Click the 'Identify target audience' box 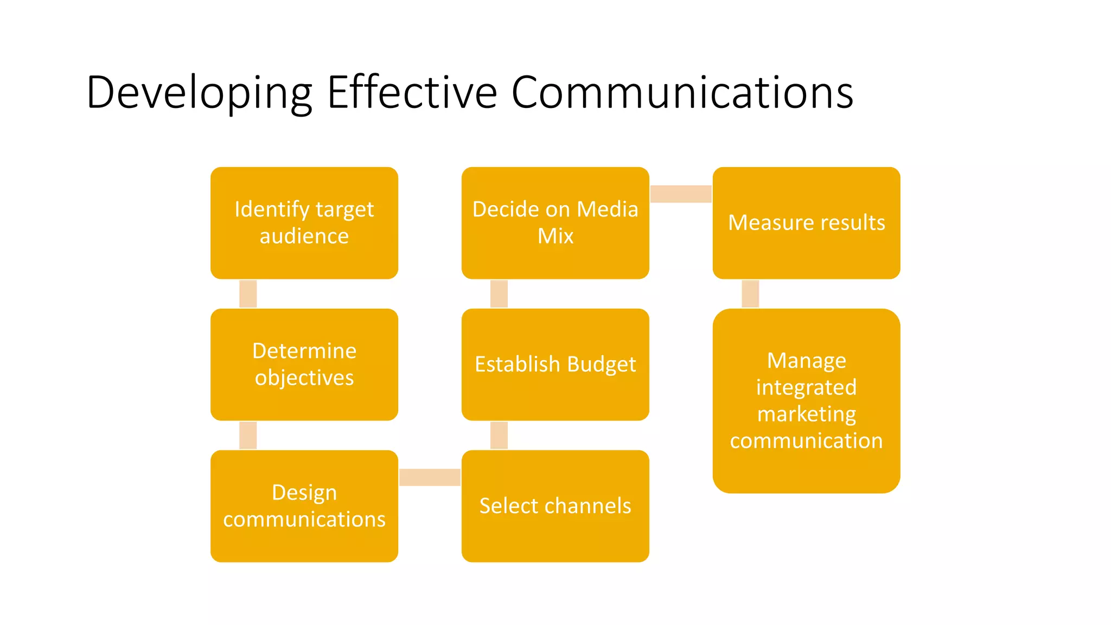(x=304, y=222)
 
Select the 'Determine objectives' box (x=304, y=364)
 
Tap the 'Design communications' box (x=304, y=506)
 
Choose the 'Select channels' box (x=555, y=506)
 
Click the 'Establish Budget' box (x=555, y=364)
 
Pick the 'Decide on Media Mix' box (x=555, y=222)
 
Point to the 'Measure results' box (x=806, y=222)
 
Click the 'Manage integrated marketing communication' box (x=806, y=400)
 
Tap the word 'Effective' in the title (x=412, y=92)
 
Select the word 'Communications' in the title (x=682, y=92)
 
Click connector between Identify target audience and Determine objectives (x=248, y=294)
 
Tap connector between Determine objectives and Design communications (x=248, y=435)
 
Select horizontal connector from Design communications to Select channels (x=430, y=477)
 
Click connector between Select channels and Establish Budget (x=499, y=435)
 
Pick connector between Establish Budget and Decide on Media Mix (x=499, y=294)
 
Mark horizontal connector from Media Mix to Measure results (x=680, y=194)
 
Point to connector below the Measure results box (x=750, y=294)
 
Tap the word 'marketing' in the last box (x=806, y=414)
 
